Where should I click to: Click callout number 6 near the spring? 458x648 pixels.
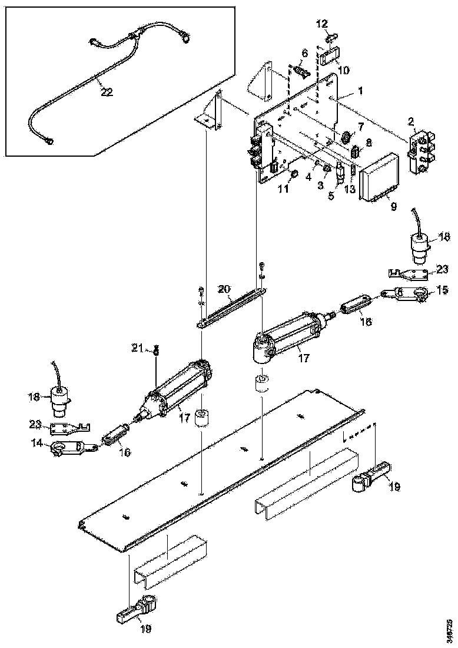pos(304,53)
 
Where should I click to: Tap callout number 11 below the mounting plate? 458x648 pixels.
pos(283,189)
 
